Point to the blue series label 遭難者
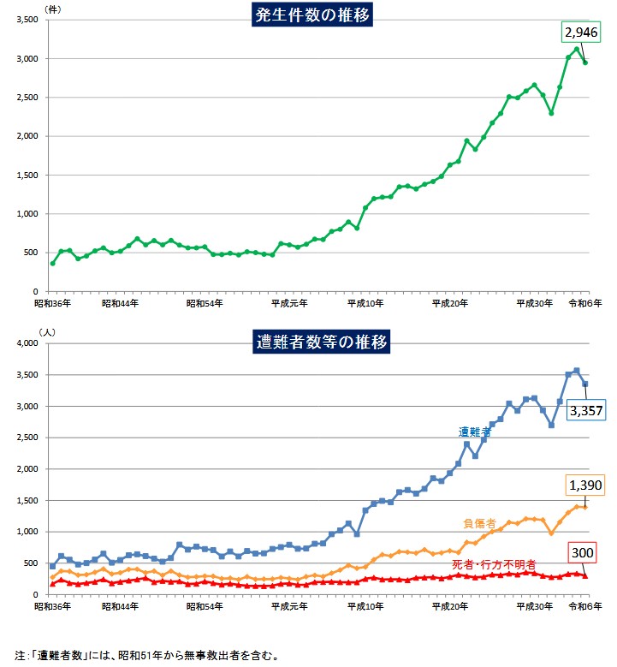click(x=474, y=432)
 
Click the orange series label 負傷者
click(x=479, y=522)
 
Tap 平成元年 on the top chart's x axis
click(x=289, y=303)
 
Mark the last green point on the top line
click(x=585, y=63)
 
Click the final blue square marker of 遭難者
click(x=585, y=384)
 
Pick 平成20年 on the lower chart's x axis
click(x=450, y=606)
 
